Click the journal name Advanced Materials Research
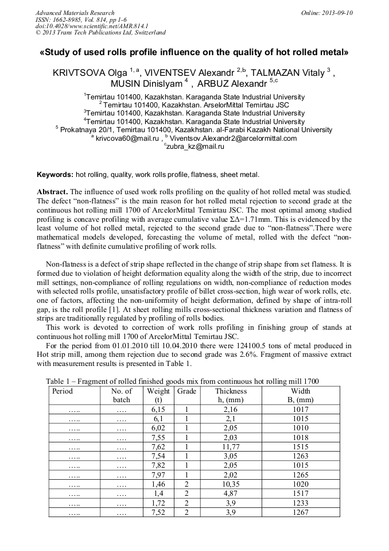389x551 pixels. pyautogui.click(x=75, y=13)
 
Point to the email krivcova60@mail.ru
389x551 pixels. pyautogui.click(x=126, y=138)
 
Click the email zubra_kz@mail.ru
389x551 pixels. pyautogui.click(x=196, y=146)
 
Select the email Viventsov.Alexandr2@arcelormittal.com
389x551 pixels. pyautogui.click(x=234, y=138)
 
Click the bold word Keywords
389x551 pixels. pyautogui.click(x=55, y=174)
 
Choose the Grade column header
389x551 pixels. pyautogui.click(x=186, y=391)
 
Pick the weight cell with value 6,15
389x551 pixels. pyautogui.click(x=158, y=410)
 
